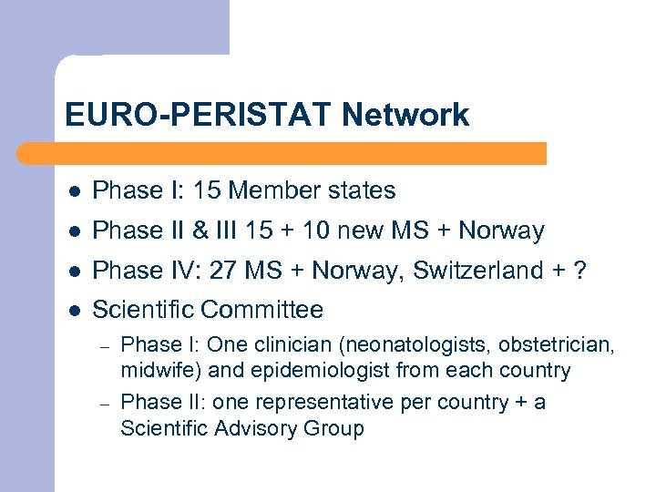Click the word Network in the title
405,115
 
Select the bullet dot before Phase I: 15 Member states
75,191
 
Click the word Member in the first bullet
269,190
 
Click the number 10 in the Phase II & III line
317,231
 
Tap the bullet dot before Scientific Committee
75,311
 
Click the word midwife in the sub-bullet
151,371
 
